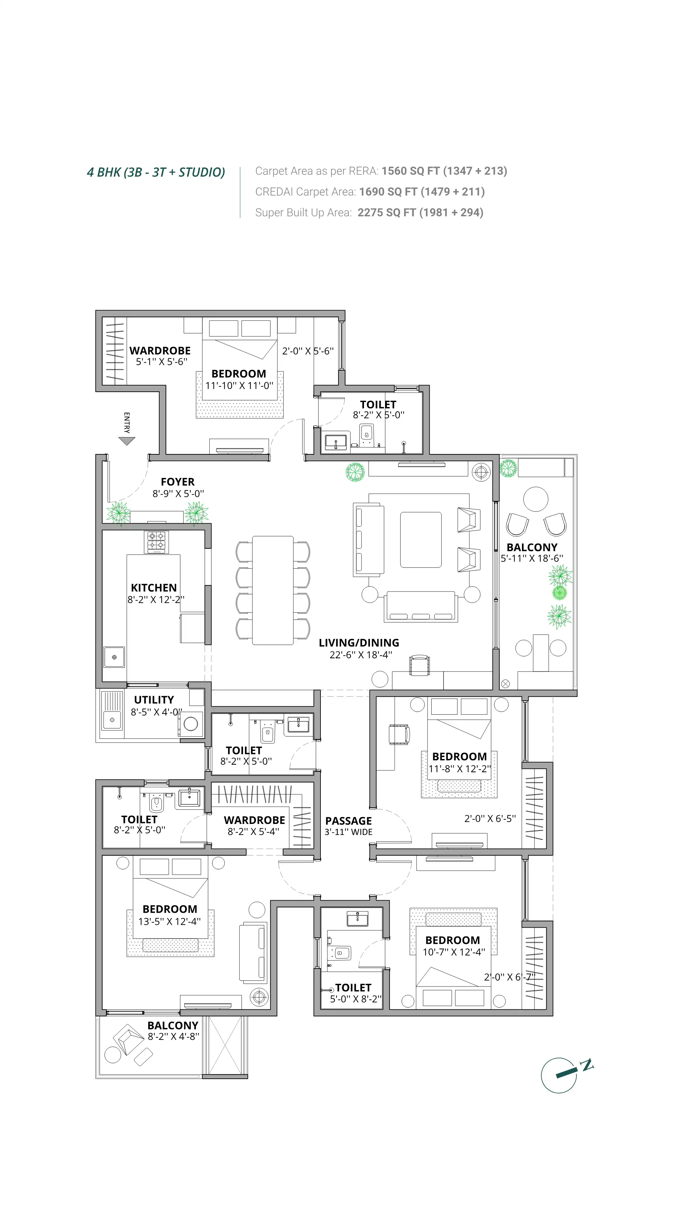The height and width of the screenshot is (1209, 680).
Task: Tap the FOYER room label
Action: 177,482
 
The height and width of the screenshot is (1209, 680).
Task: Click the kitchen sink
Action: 114,657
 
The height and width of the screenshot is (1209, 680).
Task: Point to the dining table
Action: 273,590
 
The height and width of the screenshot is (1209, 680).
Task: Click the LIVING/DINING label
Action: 359,643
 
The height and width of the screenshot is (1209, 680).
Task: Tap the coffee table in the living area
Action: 421,540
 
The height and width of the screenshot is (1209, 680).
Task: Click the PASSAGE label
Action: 348,821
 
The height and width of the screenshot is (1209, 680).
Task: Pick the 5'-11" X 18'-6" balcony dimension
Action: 532,559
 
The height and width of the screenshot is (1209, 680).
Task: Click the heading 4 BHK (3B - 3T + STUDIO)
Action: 156,172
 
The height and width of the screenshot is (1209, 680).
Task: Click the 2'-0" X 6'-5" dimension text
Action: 490,819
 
